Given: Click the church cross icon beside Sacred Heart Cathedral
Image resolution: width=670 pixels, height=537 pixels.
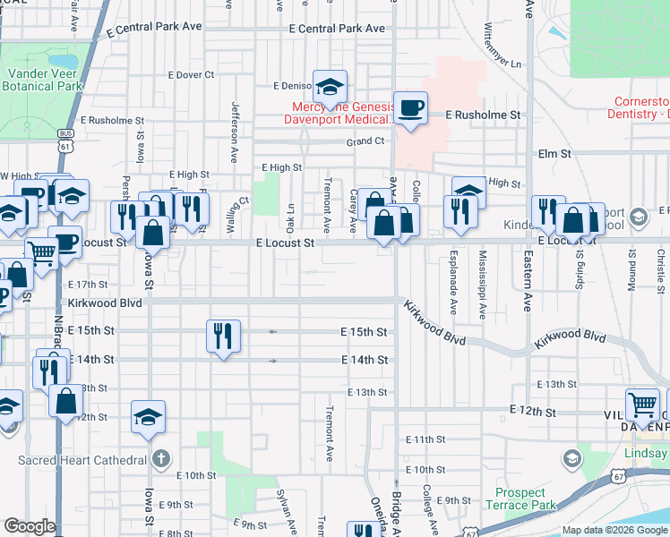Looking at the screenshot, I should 160,459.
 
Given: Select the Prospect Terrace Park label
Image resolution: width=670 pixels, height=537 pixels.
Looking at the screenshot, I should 520,499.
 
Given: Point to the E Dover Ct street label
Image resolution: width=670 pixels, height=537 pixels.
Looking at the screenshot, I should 185,75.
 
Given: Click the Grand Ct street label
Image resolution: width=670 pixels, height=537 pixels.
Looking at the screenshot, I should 365,141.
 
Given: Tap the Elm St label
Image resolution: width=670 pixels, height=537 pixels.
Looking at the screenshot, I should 554,154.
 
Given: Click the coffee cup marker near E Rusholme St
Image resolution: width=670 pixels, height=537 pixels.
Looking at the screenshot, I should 411,108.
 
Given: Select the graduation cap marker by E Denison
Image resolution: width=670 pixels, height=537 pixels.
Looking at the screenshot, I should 331,87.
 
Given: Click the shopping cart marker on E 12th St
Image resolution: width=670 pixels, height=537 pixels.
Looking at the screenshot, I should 642,405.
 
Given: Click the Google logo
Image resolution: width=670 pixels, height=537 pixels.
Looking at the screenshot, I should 30,526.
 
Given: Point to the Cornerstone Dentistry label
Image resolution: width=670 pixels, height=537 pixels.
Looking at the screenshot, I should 641,107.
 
